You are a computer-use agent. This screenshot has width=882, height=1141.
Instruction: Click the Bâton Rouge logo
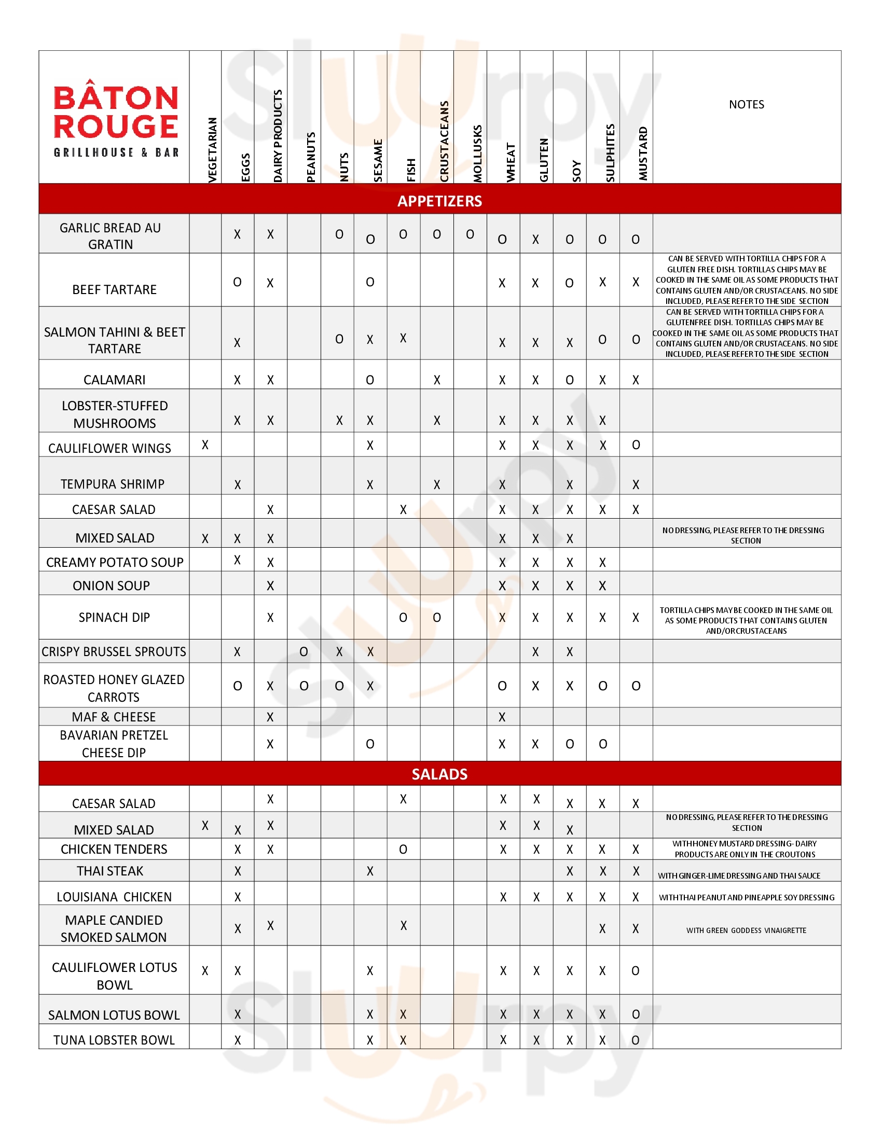[x=116, y=120]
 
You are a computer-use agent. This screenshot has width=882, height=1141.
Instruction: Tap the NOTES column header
[x=746, y=104]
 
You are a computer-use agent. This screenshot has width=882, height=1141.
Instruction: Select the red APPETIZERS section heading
[x=439, y=201]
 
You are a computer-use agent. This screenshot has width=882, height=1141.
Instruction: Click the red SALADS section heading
[x=439, y=774]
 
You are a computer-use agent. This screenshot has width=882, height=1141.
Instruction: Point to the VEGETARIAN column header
[x=212, y=150]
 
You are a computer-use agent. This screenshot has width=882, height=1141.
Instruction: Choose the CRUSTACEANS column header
[x=444, y=142]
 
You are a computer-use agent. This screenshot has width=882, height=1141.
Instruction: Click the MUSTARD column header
[x=643, y=154]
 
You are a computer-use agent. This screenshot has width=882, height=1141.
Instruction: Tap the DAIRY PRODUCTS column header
[x=278, y=136]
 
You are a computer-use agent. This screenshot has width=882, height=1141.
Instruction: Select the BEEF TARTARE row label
[x=115, y=289]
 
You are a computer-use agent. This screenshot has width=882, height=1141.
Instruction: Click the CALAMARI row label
[x=115, y=380]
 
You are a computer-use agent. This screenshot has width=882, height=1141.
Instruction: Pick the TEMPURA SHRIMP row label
[x=113, y=484]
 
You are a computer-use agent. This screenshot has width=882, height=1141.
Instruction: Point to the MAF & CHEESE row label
[x=114, y=717]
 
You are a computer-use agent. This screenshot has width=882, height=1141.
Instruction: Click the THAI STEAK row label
[x=109, y=871]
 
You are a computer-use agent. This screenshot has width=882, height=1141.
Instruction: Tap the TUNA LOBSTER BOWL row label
[x=114, y=1040]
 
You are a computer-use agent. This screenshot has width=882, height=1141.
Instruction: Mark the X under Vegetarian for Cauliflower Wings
[x=205, y=445]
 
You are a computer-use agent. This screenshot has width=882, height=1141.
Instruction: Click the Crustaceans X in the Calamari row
[x=437, y=380]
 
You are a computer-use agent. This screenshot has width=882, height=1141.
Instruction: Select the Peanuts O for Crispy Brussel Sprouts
[x=304, y=652]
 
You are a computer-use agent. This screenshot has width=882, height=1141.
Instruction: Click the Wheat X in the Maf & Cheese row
[x=502, y=717]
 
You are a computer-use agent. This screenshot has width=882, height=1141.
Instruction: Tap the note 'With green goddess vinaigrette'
[x=746, y=930]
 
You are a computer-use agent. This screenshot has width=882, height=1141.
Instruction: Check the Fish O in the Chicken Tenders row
[x=403, y=850]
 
